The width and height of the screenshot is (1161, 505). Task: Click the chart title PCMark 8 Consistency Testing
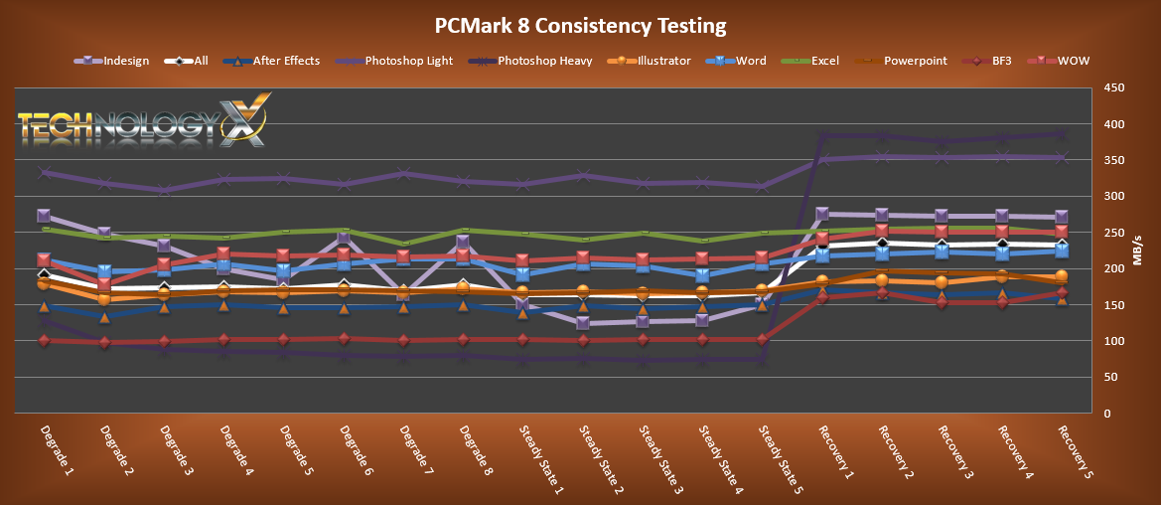pos(580,25)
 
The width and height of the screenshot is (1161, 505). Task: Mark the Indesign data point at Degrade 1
pos(44,216)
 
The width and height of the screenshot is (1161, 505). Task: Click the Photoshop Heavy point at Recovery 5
pos(1061,134)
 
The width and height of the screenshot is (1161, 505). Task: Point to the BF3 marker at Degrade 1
pos(44,341)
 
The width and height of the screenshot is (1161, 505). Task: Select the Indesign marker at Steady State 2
pos(583,323)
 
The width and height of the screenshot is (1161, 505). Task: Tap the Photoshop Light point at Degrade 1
pos(44,173)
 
